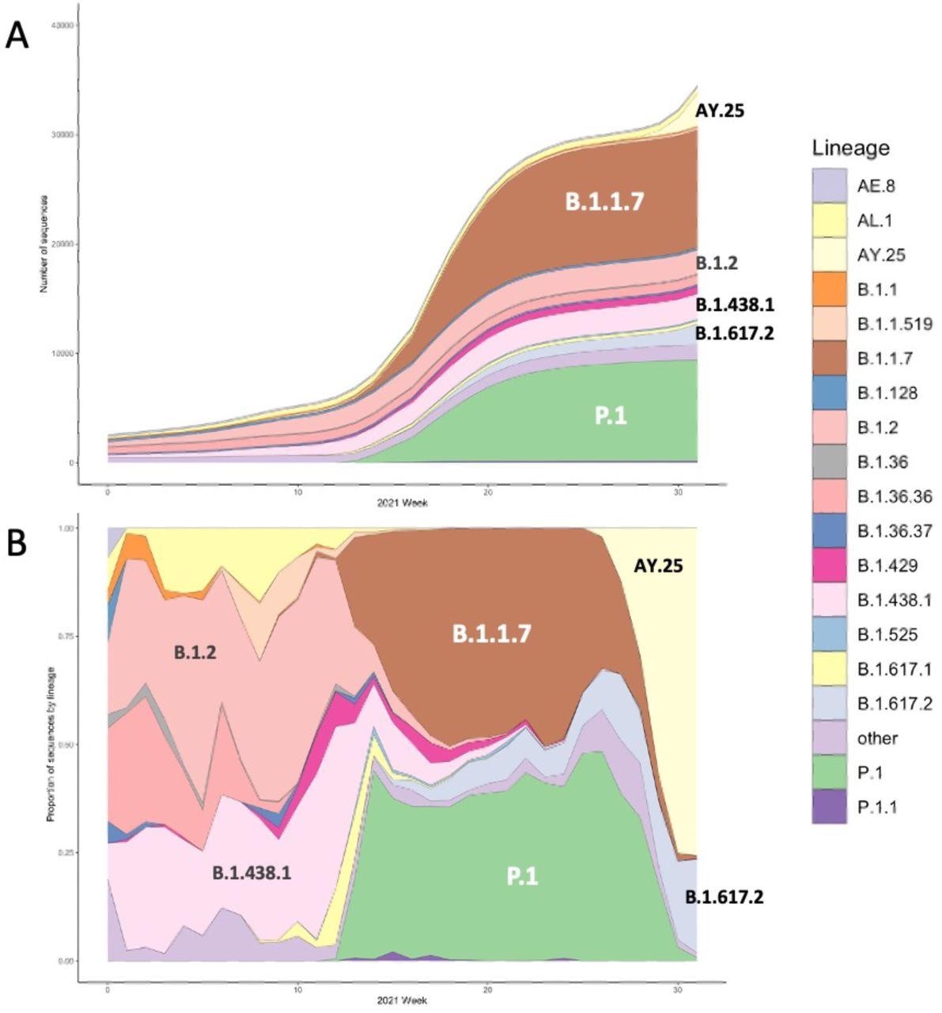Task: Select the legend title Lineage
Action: (x=849, y=148)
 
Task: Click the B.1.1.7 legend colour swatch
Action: (x=830, y=359)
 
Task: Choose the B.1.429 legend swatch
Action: (x=830, y=565)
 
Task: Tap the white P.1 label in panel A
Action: (x=611, y=415)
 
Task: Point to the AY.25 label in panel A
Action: (x=719, y=111)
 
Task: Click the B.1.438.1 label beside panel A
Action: (x=735, y=305)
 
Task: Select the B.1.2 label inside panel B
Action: (x=195, y=653)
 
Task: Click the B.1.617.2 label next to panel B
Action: (x=724, y=897)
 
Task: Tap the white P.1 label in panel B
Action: (x=522, y=876)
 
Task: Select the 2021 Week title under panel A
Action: (x=403, y=503)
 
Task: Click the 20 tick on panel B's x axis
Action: (x=487, y=990)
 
